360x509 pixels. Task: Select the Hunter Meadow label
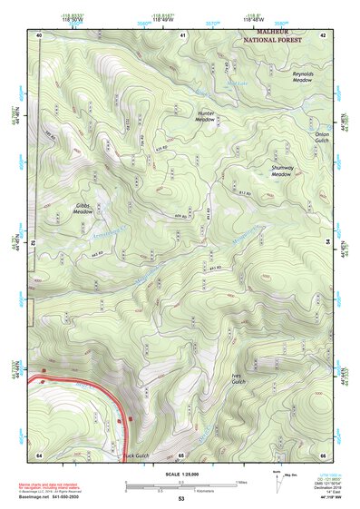206,116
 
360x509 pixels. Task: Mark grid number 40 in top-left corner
39,34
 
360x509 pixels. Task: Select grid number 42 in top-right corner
324,34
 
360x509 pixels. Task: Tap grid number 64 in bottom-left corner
39,454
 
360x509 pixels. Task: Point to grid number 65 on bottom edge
181,454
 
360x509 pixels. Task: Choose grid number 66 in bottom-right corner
324,454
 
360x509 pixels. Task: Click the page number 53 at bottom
180,499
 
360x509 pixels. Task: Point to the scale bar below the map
180,486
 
